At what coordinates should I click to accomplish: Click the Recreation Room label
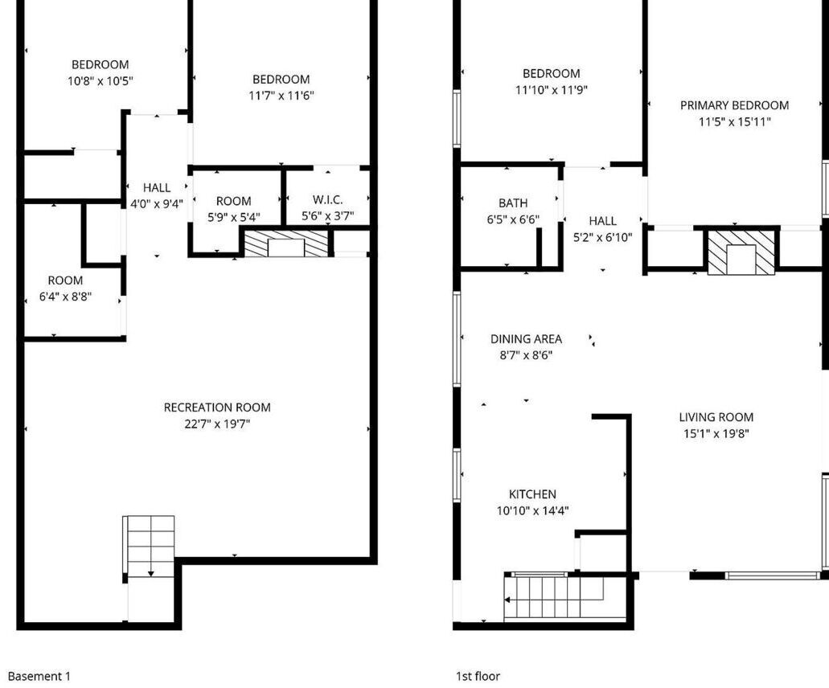click(x=217, y=407)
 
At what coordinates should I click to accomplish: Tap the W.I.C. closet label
click(x=328, y=200)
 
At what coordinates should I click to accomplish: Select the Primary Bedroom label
click(x=734, y=105)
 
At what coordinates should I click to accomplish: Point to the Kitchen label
click(x=532, y=494)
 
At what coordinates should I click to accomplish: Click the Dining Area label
click(x=526, y=338)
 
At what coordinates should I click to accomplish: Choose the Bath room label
click(x=513, y=203)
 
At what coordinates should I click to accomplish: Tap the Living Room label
click(x=716, y=417)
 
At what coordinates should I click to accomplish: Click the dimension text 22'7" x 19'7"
click(x=217, y=424)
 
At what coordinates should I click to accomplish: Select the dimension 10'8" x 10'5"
click(x=100, y=81)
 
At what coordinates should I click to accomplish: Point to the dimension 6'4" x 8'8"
click(x=65, y=297)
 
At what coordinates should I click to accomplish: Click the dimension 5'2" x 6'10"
click(x=603, y=237)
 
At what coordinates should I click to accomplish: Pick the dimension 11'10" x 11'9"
click(x=552, y=90)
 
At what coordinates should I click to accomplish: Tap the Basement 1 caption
click(x=39, y=676)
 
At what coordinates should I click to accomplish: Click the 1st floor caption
click(x=478, y=676)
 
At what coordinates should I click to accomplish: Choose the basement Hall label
click(x=157, y=187)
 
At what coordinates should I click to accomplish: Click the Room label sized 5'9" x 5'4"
click(x=234, y=201)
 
